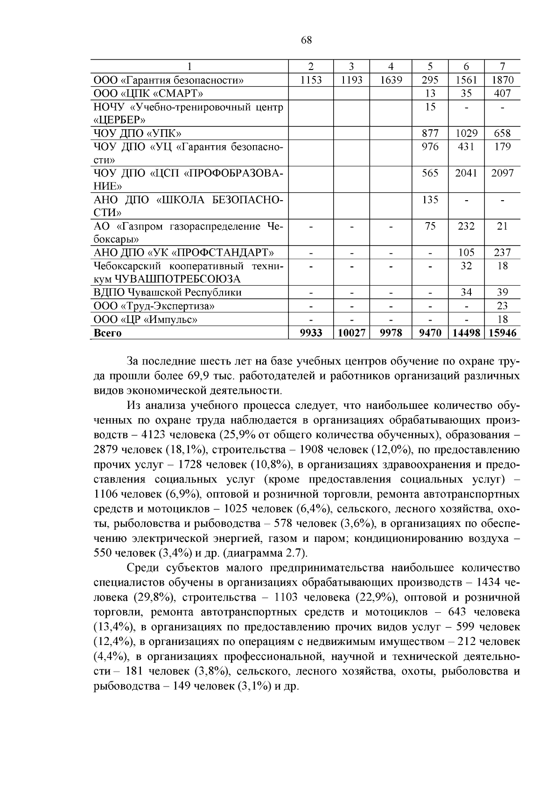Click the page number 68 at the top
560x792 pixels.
[x=307, y=40]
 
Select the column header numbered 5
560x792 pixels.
[x=430, y=66]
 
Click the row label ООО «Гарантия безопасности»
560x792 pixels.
[x=168, y=80]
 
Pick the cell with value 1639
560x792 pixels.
[x=391, y=80]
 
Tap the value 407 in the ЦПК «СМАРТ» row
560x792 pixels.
[x=502, y=93]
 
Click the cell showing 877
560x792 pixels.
[x=430, y=133]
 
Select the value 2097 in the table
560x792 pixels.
[x=502, y=173]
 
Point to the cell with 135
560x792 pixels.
[x=430, y=200]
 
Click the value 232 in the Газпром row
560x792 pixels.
[x=466, y=226]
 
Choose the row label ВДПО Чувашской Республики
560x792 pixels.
[x=168, y=293]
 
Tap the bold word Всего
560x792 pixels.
[x=107, y=333]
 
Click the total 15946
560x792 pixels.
[x=502, y=333]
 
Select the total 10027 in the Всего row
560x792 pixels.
[x=351, y=333]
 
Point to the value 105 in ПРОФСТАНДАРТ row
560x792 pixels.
[x=466, y=252]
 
